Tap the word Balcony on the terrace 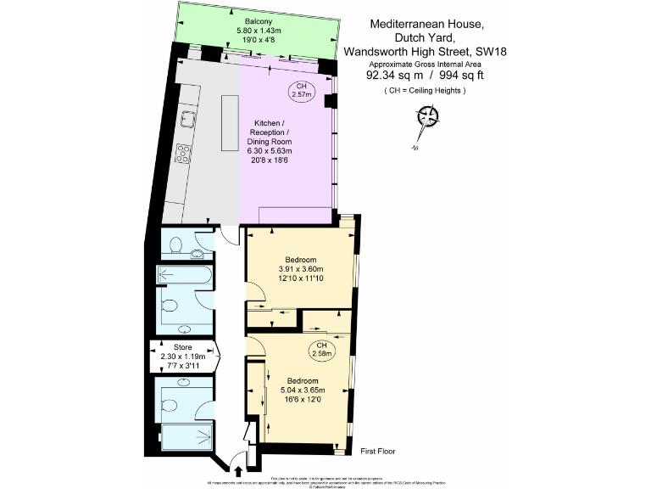(x=259, y=21)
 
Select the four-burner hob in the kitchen (x=183, y=154)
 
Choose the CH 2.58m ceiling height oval (x=319, y=348)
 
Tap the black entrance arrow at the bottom (x=236, y=470)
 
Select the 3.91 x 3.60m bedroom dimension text (x=301, y=269)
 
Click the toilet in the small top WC (x=176, y=244)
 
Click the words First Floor (x=377, y=452)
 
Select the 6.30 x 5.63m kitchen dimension (x=268, y=151)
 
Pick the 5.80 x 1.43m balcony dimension (x=259, y=31)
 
